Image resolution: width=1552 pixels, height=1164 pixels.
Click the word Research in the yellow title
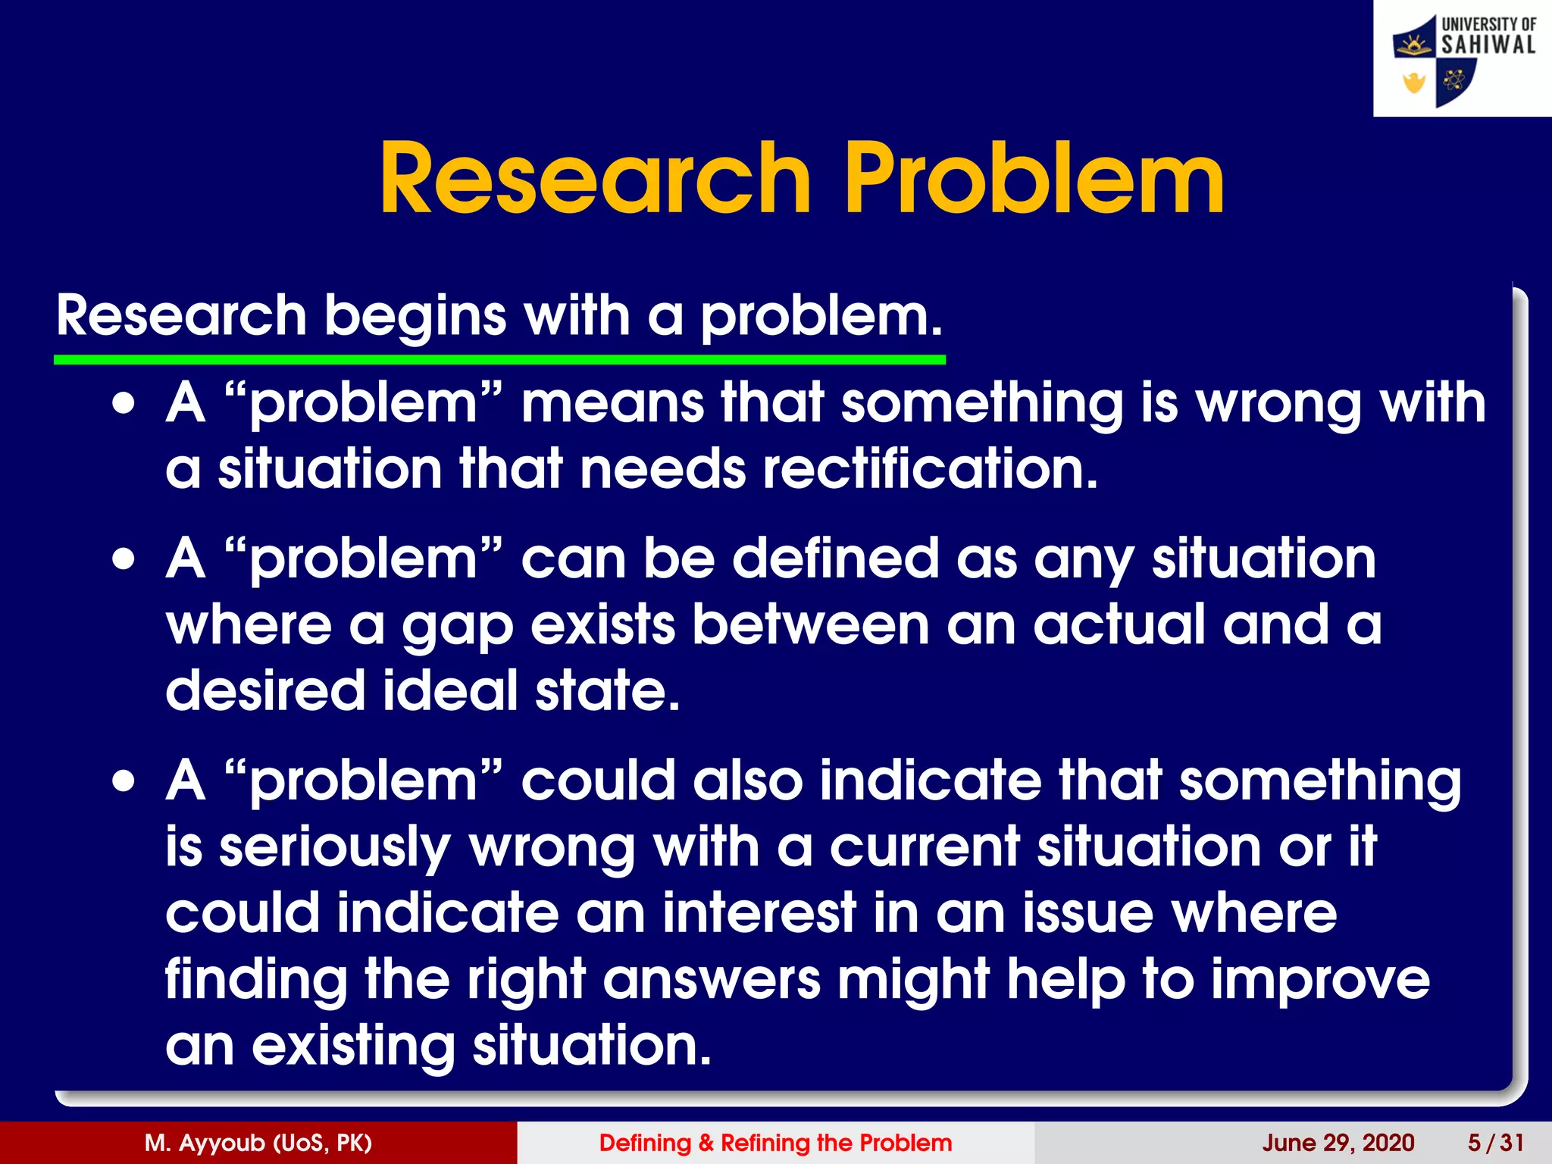[x=595, y=180]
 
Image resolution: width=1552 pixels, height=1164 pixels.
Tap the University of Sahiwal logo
[x=1462, y=59]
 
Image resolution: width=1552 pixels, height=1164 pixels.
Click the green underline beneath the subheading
[x=499, y=360]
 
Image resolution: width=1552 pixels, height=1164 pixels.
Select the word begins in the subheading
[x=415, y=317]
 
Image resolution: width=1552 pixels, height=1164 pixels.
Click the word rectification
[x=930, y=469]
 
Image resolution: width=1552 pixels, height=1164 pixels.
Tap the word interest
[x=759, y=913]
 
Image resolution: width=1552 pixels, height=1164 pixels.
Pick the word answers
[x=712, y=979]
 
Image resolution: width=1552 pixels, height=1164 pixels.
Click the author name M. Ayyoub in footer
[x=258, y=1143]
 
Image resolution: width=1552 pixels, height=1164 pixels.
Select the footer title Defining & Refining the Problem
[x=775, y=1143]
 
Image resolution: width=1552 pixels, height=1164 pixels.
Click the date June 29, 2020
[x=1338, y=1143]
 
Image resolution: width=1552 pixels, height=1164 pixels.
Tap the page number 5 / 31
[x=1495, y=1143]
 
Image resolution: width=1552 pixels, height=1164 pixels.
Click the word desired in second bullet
[x=265, y=690]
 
